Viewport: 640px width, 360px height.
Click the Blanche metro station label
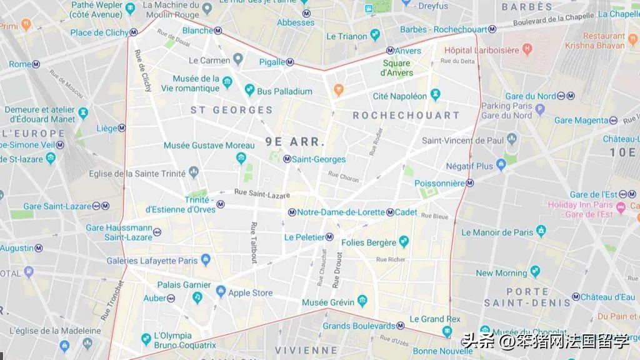click(x=197, y=31)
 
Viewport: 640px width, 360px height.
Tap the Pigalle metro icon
click(x=290, y=62)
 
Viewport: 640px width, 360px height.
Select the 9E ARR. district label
click(x=295, y=141)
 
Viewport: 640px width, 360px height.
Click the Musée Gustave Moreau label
click(x=209, y=146)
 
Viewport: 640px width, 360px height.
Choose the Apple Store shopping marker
click(x=221, y=292)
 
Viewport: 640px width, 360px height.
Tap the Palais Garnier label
click(x=184, y=284)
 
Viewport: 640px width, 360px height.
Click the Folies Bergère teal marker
click(x=404, y=242)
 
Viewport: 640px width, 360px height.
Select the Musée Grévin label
click(x=327, y=303)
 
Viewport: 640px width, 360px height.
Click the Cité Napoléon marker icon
click(x=435, y=95)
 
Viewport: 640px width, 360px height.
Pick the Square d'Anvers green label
click(x=397, y=68)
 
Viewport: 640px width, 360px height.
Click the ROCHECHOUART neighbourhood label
click(x=406, y=116)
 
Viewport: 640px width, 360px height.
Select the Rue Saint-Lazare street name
click(x=262, y=194)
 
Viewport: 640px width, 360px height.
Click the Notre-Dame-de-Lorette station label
click(x=341, y=212)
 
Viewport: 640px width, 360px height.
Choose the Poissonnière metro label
click(x=440, y=183)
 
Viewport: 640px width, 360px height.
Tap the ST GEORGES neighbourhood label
click(x=231, y=110)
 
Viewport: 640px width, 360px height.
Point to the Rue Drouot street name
click(x=339, y=270)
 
